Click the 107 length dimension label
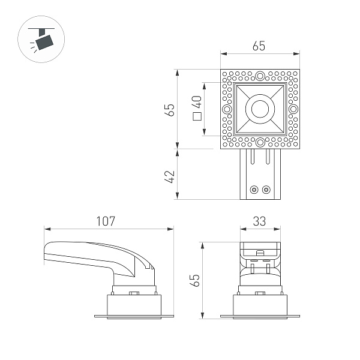[x=106, y=221]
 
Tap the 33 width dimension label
[x=259, y=221]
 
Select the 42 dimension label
[x=170, y=176]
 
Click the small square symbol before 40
[x=197, y=118]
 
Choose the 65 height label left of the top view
[x=170, y=110]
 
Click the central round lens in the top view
[x=260, y=109]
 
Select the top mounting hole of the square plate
[x=260, y=76]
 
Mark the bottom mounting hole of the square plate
[x=260, y=143]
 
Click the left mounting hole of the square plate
[x=226, y=109]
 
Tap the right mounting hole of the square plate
[x=293, y=109]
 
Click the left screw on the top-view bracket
[x=254, y=190]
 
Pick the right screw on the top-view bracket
[x=266, y=190]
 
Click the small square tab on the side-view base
[x=134, y=293]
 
